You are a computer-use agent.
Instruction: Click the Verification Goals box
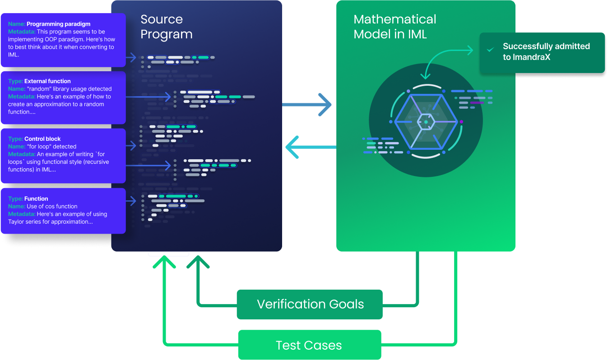(x=310, y=305)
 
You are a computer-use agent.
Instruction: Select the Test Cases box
(x=310, y=345)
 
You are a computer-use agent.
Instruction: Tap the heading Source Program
(x=166, y=27)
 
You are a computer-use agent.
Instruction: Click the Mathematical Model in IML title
(x=395, y=27)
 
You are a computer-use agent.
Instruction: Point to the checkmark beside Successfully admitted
(x=490, y=50)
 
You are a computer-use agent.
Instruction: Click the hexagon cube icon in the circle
(x=426, y=122)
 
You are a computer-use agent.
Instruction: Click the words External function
(x=47, y=81)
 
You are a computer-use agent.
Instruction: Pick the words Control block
(x=42, y=139)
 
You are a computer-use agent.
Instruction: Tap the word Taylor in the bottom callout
(x=18, y=222)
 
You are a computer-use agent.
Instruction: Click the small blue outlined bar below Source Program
(x=168, y=254)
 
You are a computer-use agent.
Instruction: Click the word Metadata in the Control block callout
(x=21, y=154)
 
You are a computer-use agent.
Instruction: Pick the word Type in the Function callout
(x=15, y=198)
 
